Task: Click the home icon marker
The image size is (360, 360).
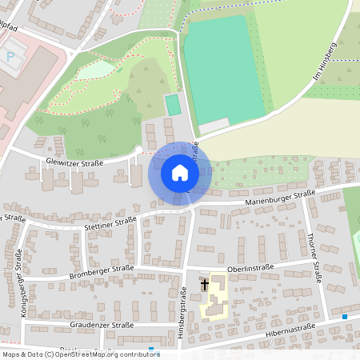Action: (179, 172)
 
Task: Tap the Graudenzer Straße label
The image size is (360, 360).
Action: (101, 326)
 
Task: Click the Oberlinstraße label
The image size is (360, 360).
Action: (250, 269)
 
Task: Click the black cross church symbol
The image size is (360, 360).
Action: (205, 284)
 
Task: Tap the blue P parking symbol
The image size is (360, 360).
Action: (10, 57)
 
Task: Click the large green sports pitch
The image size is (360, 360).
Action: (222, 70)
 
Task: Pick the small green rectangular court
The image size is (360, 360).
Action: (172, 104)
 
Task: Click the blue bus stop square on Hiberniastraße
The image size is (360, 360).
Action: (345, 317)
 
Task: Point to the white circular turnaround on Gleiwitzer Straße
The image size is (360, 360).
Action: (138, 150)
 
